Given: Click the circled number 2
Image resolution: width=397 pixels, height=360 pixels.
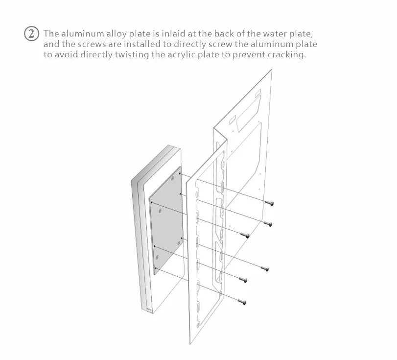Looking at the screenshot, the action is (x=31, y=35).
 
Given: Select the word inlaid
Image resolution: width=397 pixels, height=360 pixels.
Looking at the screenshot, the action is (x=180, y=34).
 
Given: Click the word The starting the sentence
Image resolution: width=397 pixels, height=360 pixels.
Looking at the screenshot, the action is (x=52, y=34).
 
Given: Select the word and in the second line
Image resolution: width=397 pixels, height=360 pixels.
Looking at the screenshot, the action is (x=51, y=45).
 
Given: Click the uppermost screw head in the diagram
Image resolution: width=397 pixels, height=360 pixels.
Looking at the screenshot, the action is (x=269, y=202).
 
